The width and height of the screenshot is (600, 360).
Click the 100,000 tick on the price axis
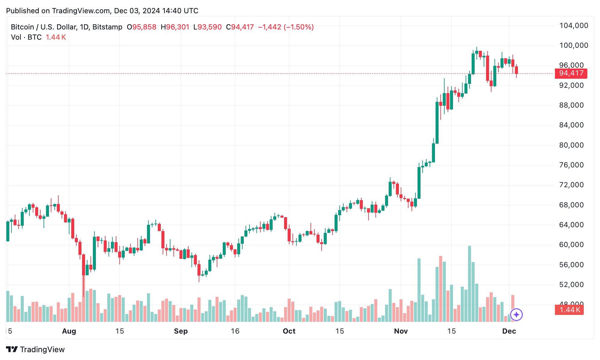coord(573,45)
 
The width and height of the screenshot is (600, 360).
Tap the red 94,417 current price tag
coord(571,73)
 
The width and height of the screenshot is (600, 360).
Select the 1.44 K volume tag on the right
coord(569,310)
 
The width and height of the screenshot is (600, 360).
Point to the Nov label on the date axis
coord(401,331)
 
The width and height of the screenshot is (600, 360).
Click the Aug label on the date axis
coord(69,331)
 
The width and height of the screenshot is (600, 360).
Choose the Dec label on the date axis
coord(509,331)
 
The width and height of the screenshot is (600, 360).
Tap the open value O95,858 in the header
coord(142,27)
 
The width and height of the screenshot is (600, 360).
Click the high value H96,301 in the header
coord(175,27)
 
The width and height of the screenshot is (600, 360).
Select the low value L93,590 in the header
coord(207,27)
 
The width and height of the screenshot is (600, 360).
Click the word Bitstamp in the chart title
coord(107,27)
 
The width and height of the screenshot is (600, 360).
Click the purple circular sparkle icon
coord(516,315)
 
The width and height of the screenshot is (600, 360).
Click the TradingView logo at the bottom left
coord(35,349)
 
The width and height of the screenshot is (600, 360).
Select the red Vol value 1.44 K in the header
coord(56,37)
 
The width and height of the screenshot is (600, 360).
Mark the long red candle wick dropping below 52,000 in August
coord(83,285)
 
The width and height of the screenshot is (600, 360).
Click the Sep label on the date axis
coord(181,331)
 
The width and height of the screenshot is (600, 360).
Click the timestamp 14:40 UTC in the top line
coord(180,11)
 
